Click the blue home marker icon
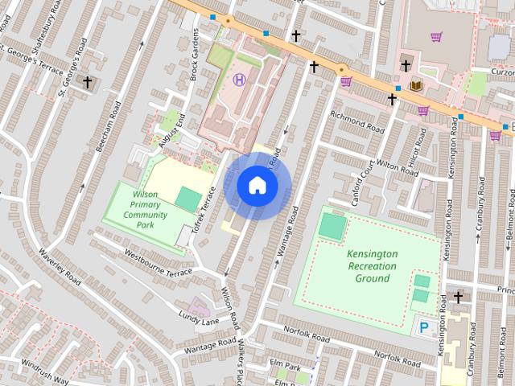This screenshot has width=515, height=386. point(257,186)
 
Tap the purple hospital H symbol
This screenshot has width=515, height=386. point(239,79)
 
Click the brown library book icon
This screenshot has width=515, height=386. point(416,85)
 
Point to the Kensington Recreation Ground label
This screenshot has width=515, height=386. point(372,266)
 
